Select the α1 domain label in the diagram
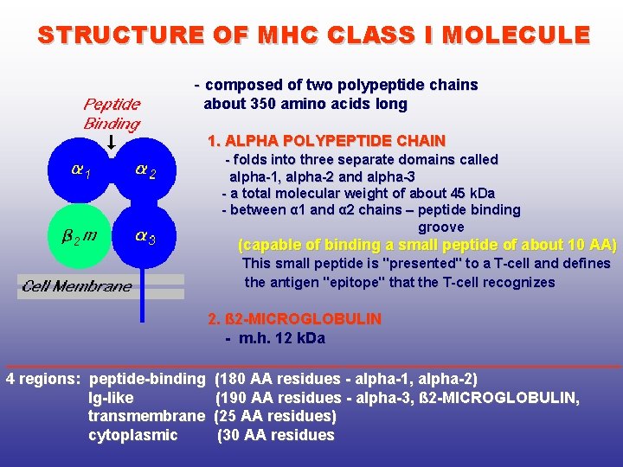pos(80,171)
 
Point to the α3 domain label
pos(145,235)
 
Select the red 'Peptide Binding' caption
pos(112,113)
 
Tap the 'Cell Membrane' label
pos(77,286)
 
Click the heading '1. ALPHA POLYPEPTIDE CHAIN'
pos(326,140)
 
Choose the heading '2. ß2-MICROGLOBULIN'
pos(294,319)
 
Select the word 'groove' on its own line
pos(441,227)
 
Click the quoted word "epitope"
pos(398,282)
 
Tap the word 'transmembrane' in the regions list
pos(146,416)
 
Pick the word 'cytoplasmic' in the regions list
pos(133,435)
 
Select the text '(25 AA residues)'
pos(275,416)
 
